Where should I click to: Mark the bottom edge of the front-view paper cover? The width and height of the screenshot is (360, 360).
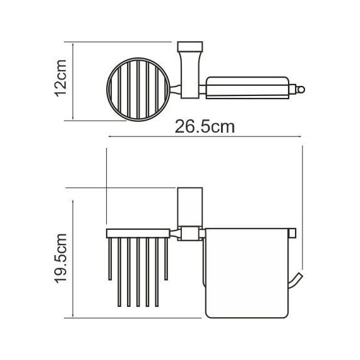point(246,316)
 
